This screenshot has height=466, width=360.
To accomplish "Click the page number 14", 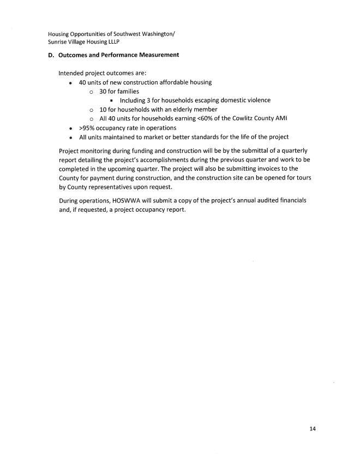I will (x=312, y=429).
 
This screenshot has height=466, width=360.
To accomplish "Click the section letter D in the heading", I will (x=50, y=55).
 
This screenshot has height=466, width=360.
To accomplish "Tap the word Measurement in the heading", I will (x=157, y=55).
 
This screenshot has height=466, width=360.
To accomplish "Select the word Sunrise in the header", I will (x=58, y=41).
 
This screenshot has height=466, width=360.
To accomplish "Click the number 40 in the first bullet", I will (x=83, y=82).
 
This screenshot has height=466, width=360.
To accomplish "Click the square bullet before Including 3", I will (x=111, y=101).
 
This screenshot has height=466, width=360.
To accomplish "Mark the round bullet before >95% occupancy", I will (x=71, y=128).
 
